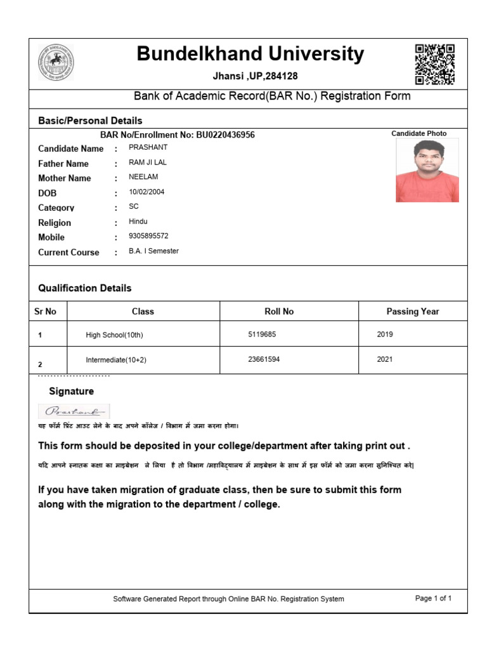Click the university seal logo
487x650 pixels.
tap(56, 62)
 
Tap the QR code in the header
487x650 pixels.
tap(434, 64)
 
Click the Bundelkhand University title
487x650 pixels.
tap(250, 55)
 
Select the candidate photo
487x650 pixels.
tap(427, 170)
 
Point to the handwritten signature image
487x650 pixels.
tap(74, 411)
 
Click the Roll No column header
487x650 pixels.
tap(279, 312)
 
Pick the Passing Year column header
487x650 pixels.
tap(412, 312)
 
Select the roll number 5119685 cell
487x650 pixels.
tap(262, 334)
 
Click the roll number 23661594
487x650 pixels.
tap(264, 359)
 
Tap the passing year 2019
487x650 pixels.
tap(385, 334)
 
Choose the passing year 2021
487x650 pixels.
tap(385, 359)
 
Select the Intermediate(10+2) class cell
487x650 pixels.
tap(116, 360)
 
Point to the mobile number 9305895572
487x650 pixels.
tap(148, 235)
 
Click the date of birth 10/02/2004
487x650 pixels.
tap(146, 192)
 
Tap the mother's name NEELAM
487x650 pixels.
tap(142, 177)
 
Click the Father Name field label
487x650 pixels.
tap(63, 164)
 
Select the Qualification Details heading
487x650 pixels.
tap(85, 288)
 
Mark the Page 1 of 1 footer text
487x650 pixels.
tap(433, 598)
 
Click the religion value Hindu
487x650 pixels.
tap(138, 222)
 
